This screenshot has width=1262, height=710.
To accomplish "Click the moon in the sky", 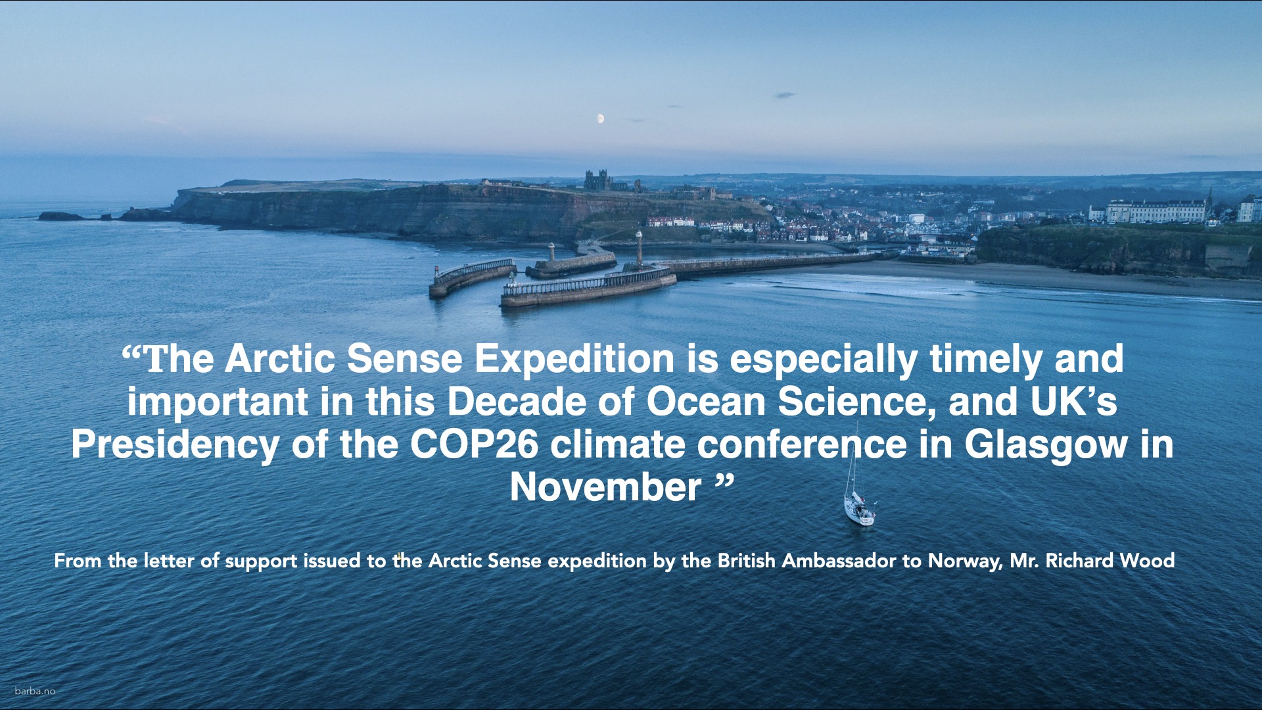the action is coord(600,118).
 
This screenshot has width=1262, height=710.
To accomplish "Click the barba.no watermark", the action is coord(35,691).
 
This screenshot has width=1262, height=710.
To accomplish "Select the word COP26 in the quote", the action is coord(474,444).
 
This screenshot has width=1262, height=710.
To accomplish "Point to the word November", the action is coord(605,487).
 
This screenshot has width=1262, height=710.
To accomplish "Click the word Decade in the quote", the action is coord(517,402).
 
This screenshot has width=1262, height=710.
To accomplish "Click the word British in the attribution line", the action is coord(746,560).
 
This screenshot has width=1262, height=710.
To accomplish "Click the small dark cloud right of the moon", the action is coord(785,95).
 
